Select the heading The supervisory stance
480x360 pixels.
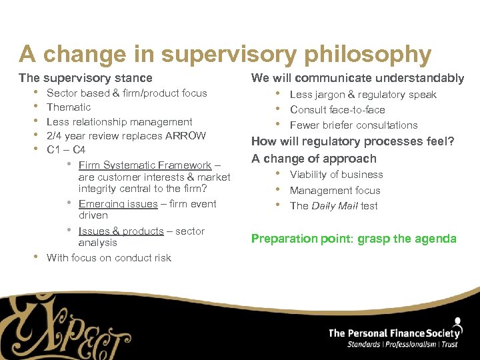pos(85,78)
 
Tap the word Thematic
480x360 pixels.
pos(69,107)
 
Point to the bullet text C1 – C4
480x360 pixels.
pos(66,150)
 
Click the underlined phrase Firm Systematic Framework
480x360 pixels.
pos(145,165)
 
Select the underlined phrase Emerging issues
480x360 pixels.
pos(118,204)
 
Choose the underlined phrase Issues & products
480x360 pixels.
pos(121,231)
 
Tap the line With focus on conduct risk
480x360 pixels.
pos(109,258)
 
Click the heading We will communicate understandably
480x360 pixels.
pos(357,78)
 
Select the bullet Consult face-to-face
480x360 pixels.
pos(337,110)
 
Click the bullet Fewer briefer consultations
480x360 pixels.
pos(353,125)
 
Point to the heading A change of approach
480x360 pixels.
pos(313,159)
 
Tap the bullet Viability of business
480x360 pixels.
pos(336,175)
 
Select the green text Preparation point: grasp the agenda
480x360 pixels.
pos(353,239)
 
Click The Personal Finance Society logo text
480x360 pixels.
pos(394,333)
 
